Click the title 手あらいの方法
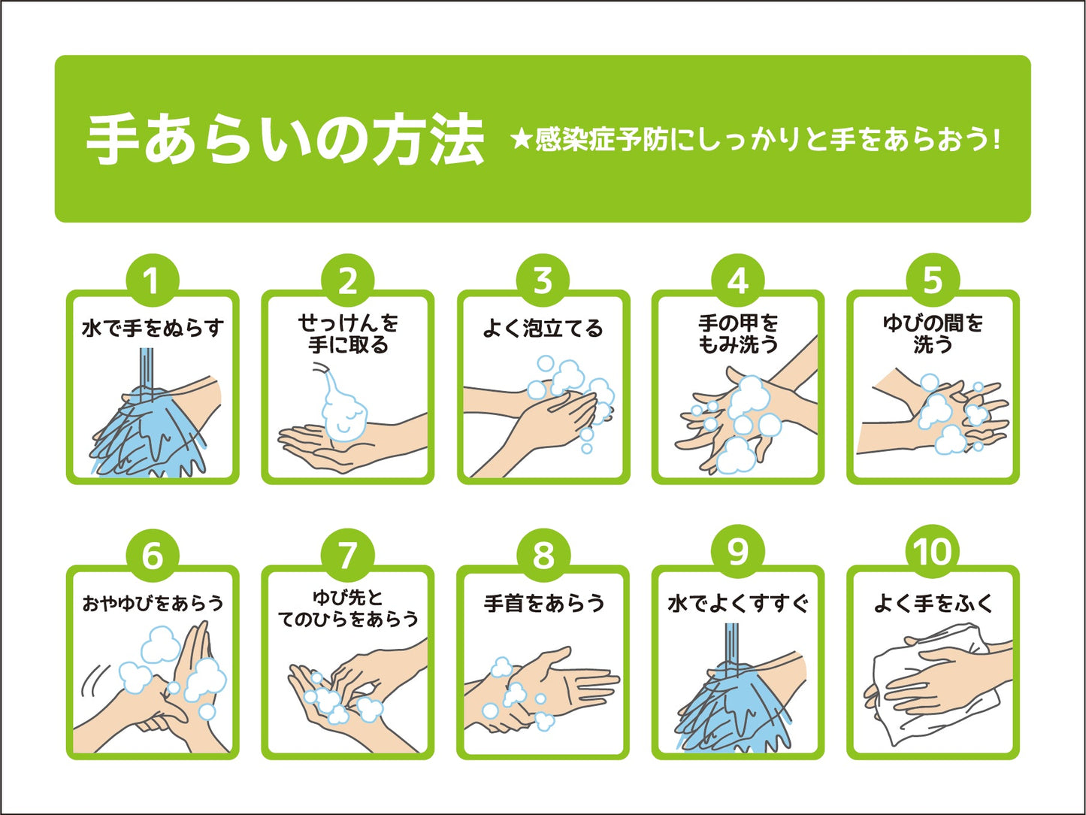click(x=285, y=141)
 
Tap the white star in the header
click(x=522, y=141)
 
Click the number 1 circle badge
click(x=153, y=280)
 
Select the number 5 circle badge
click(x=933, y=280)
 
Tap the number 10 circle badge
click(x=933, y=552)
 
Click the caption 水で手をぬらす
click(x=153, y=328)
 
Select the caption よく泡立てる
click(x=543, y=328)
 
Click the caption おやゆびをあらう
click(x=153, y=603)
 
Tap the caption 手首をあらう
click(x=543, y=603)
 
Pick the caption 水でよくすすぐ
click(x=738, y=604)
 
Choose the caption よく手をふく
click(x=933, y=603)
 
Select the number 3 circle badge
click(x=543, y=280)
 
